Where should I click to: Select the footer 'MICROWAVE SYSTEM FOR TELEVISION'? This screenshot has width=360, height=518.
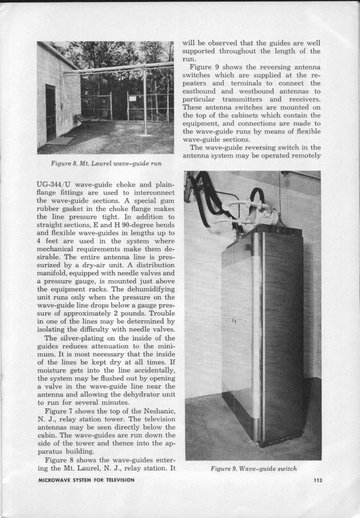87,480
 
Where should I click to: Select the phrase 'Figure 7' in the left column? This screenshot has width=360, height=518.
60,411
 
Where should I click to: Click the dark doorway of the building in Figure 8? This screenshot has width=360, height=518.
50,112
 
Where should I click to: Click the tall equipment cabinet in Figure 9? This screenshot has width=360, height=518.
262,334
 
